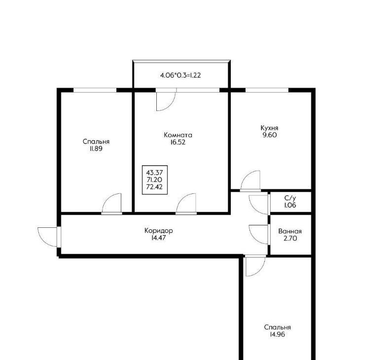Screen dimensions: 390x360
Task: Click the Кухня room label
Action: tap(269, 128)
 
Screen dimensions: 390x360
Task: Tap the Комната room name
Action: tap(178, 135)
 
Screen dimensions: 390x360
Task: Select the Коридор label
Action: tap(158, 231)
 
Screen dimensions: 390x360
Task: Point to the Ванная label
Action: tap(290, 231)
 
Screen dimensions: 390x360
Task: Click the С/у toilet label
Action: tap(290, 198)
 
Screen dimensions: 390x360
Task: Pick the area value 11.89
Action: tap(96, 149)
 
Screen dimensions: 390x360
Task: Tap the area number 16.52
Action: tap(178, 143)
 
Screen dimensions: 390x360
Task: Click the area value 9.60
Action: tap(269, 135)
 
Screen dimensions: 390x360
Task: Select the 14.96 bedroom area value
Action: tap(277, 334)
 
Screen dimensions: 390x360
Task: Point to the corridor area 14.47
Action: tap(158, 238)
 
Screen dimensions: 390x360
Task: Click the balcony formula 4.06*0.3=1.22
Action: tap(180, 75)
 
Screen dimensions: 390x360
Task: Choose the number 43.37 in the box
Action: tap(154, 173)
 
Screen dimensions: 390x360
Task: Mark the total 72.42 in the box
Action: tap(154, 187)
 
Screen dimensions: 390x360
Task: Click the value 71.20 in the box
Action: tap(154, 180)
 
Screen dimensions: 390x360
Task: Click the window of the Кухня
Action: tap(267, 90)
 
